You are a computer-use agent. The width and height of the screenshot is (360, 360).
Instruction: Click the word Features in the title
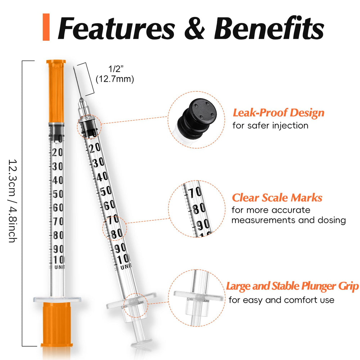coord(117,28)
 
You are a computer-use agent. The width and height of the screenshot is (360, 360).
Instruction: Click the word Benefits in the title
coord(269,28)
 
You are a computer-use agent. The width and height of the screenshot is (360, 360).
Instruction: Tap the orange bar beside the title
coord(46,27)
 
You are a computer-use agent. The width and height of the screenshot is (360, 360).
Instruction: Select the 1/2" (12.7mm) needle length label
coord(115,74)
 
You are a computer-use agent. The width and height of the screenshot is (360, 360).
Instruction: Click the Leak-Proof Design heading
coord(279,113)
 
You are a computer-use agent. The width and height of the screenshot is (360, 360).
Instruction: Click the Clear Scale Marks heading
coord(277,198)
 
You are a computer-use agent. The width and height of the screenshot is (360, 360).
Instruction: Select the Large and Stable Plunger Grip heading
coord(292,286)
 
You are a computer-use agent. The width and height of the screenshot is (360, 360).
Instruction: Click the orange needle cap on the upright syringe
coord(56,91)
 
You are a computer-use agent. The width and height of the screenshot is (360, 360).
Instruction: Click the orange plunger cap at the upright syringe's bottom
coord(57,324)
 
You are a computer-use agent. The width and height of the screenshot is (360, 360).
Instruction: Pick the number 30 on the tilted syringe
coord(99,163)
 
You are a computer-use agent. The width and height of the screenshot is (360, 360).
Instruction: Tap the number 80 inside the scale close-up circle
coord(199,209)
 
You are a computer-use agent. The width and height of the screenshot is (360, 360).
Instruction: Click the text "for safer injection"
coord(270,126)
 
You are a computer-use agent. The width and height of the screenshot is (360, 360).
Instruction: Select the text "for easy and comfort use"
coord(282,300)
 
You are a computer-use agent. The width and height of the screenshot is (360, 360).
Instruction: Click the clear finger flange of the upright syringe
coord(57,299)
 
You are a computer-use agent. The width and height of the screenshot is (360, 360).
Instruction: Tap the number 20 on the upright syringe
coord(57,152)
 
